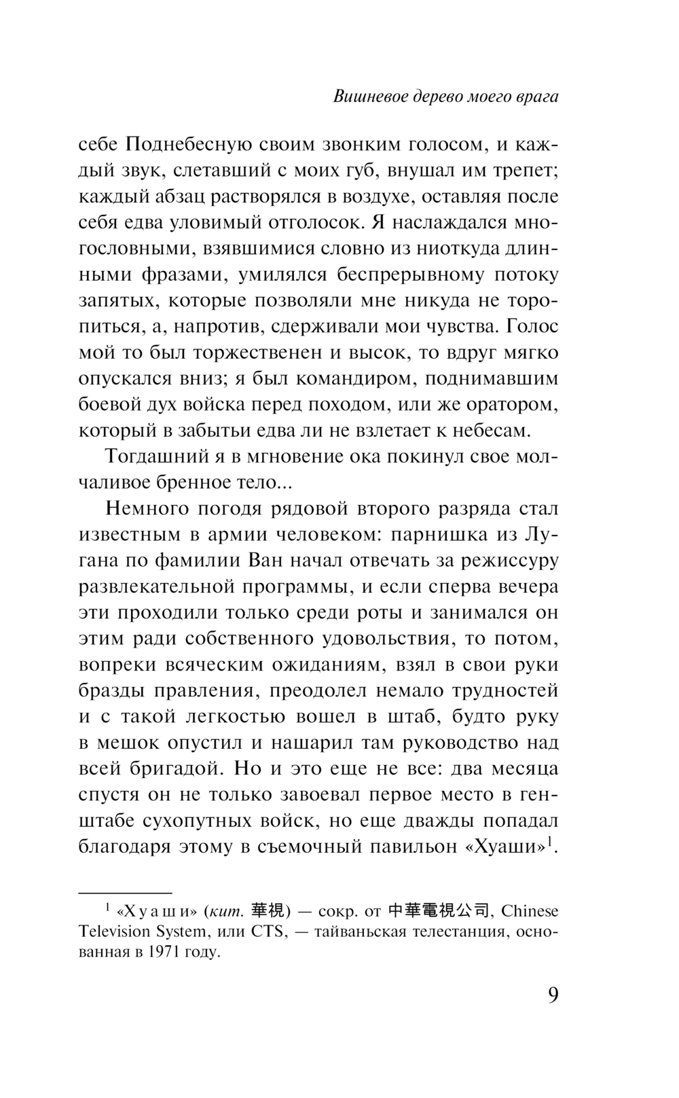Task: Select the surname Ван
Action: (262, 561)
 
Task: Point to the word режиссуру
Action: (509, 561)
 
